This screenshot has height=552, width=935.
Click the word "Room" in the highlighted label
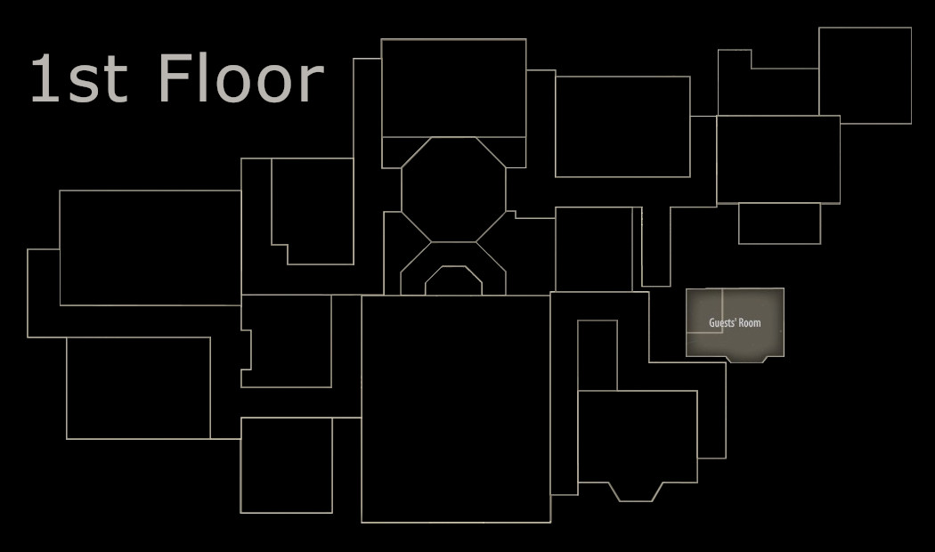point(750,322)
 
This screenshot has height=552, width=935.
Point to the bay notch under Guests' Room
point(746,359)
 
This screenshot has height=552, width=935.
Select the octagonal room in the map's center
point(453,189)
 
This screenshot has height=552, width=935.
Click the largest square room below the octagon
point(455,408)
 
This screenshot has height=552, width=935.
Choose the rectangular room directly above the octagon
point(453,87)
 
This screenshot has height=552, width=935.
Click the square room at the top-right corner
point(865,76)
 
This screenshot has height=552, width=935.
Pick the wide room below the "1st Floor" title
point(150,248)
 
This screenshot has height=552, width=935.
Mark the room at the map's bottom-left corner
point(138,387)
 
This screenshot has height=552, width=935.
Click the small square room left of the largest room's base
point(286,465)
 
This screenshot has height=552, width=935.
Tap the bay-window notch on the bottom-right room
point(636,491)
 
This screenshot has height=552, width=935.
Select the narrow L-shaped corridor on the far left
point(43,294)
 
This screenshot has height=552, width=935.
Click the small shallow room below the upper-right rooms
point(779,223)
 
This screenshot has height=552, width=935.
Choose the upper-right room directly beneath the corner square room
point(777,159)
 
